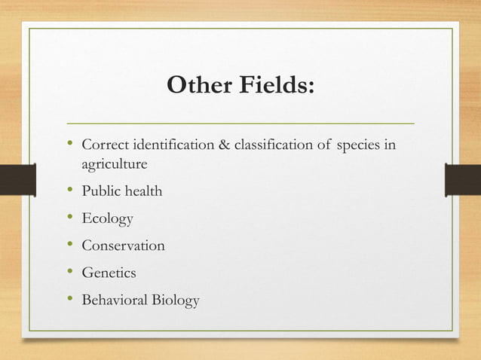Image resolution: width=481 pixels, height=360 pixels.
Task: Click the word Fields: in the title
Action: click(x=272, y=87)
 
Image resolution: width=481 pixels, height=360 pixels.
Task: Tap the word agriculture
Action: click(x=114, y=163)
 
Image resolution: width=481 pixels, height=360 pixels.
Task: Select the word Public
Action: click(x=100, y=191)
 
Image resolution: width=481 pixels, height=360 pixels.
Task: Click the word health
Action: click(x=142, y=191)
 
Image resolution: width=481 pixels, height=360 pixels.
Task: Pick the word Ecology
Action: click(x=107, y=219)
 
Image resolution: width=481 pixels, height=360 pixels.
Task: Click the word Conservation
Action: click(x=123, y=246)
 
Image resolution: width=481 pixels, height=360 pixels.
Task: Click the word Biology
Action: click(x=176, y=301)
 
